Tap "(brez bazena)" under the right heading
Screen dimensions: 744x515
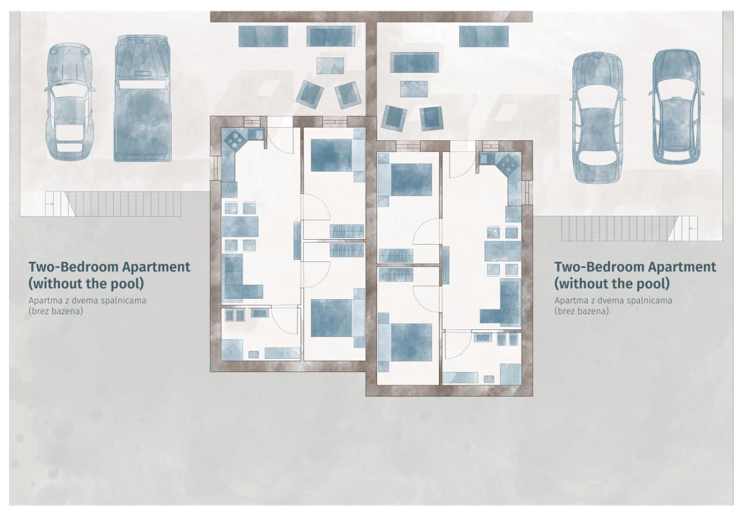pyautogui.click(x=581, y=311)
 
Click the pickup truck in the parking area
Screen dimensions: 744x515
pyautogui.click(x=143, y=98)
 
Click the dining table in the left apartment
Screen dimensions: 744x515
pyautogui.click(x=240, y=227)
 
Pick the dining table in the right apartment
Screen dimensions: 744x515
pyautogui.click(x=503, y=251)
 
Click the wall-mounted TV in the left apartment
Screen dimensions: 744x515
pyautogui.click(x=297, y=241)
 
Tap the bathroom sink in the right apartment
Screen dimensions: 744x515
pyautogui.click(x=483, y=338)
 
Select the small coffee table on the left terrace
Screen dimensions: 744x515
pyautogui.click(x=330, y=66)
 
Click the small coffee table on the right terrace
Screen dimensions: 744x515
pyautogui.click(x=413, y=89)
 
